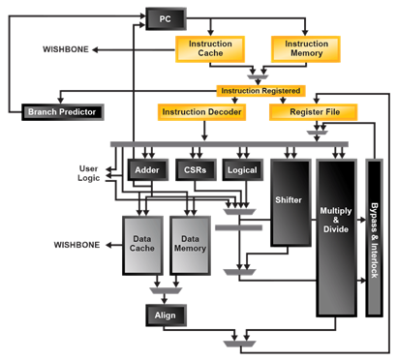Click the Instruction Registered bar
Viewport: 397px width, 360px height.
259,90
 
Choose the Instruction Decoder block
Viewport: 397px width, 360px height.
200,112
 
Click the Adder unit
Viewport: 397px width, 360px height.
147,168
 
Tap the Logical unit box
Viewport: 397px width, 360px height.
242,168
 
